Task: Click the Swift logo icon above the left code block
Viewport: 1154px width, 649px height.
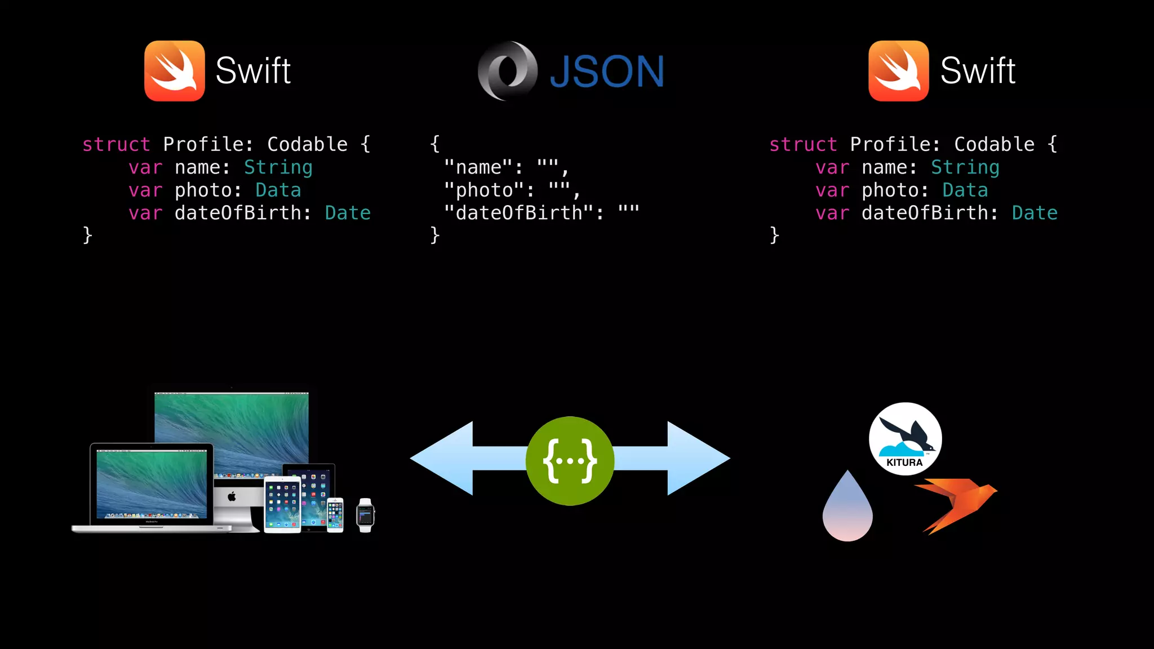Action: (175, 71)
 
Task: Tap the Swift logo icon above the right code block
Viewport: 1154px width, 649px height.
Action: (898, 71)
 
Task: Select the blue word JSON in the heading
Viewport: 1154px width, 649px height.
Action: (607, 72)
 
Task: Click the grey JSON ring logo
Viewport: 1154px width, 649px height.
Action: (507, 71)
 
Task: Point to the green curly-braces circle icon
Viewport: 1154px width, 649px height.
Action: (570, 461)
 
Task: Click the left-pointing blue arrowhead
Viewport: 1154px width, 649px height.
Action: (443, 459)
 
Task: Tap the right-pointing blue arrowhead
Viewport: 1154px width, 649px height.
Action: (698, 459)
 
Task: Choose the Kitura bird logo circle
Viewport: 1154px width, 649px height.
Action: (905, 439)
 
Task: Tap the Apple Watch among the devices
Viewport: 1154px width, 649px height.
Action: (365, 515)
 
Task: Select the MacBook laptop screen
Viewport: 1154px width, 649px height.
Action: (152, 483)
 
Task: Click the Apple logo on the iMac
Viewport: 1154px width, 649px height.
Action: (232, 496)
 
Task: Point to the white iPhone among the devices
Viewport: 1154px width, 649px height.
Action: (335, 514)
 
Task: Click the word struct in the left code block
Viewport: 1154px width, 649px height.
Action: (116, 144)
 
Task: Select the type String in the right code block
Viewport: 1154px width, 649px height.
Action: (965, 167)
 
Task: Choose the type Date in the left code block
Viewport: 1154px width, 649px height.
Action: (348, 213)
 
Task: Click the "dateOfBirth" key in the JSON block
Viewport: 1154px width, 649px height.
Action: (519, 213)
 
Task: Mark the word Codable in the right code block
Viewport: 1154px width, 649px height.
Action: (994, 144)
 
